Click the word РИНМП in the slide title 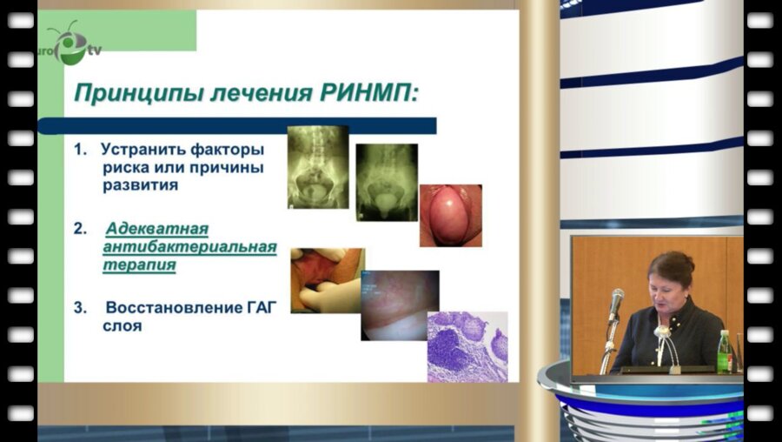(365, 90)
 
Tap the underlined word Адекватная (157, 229)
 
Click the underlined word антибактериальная (189, 247)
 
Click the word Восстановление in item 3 (173, 309)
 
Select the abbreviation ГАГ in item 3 (263, 309)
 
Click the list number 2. (79, 229)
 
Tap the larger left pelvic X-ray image (318, 166)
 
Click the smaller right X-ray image (386, 181)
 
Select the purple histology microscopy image (467, 347)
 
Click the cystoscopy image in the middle (400, 305)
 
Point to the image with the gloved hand (327, 280)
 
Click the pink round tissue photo (450, 215)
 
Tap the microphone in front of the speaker (616, 305)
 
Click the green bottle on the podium (725, 352)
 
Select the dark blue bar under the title (252, 125)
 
